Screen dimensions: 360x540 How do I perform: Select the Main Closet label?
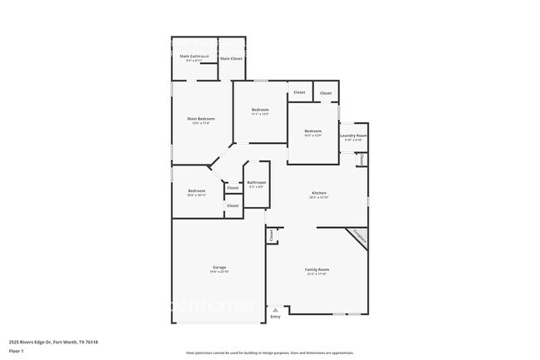tap(231, 58)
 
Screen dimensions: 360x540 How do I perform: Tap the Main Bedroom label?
tap(201, 119)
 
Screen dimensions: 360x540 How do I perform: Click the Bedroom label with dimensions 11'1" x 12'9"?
tap(260, 110)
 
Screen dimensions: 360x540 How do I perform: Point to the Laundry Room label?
tap(353, 136)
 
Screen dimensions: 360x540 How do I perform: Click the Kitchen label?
tap(319, 193)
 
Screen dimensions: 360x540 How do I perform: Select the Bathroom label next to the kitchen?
tap(256, 182)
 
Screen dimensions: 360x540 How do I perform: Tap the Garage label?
tap(218, 267)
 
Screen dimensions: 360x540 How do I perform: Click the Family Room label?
tap(317, 269)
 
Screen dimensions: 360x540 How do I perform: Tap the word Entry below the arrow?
tap(275, 317)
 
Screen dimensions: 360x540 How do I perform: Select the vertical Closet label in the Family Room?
tap(272, 236)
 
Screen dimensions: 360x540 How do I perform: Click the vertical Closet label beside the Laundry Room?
tap(361, 158)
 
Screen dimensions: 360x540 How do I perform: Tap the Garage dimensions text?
tap(218, 272)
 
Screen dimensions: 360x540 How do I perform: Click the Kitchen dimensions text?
tap(319, 198)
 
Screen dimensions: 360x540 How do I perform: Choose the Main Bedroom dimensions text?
tap(201, 124)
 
